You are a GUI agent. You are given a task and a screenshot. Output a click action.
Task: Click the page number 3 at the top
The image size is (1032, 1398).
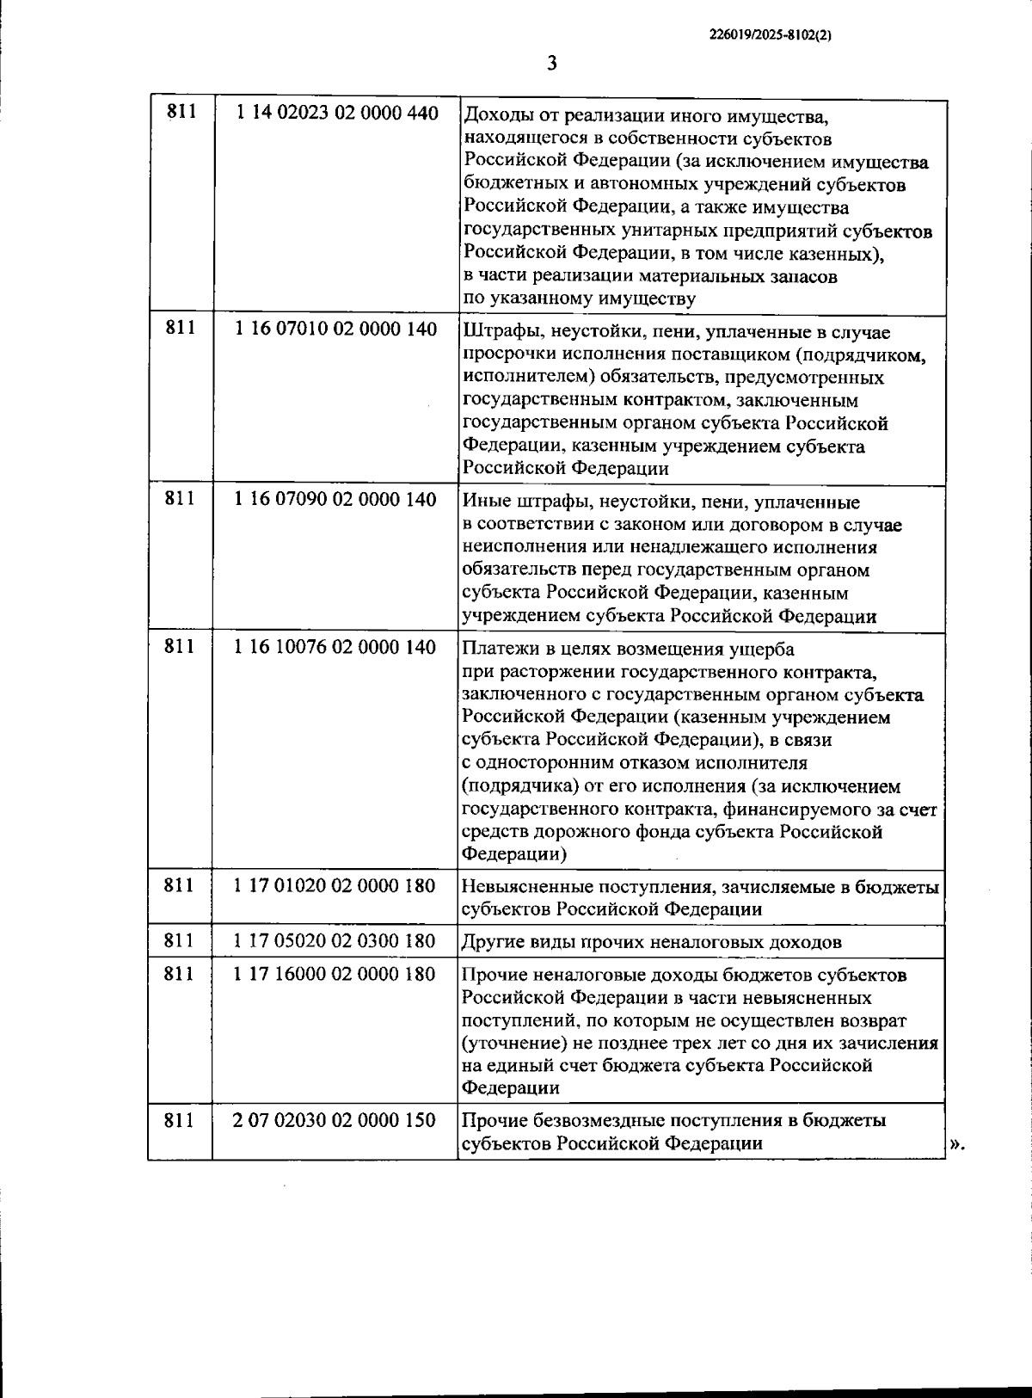[x=552, y=64]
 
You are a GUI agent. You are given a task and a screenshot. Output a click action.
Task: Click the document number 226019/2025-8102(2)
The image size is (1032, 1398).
[x=771, y=35]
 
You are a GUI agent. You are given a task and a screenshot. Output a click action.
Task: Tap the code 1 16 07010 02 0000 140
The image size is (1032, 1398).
[x=335, y=329]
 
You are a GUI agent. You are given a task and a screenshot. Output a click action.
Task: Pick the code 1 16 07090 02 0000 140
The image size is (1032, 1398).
[x=335, y=499]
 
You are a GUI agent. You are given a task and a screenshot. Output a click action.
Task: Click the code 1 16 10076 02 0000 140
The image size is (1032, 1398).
[x=335, y=647]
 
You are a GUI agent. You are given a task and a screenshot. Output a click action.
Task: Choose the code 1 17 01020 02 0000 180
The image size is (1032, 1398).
[x=335, y=885]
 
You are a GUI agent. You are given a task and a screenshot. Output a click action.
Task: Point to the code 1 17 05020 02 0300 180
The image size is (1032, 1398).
[x=335, y=940]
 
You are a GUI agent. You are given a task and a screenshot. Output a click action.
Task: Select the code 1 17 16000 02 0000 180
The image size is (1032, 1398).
[x=335, y=974]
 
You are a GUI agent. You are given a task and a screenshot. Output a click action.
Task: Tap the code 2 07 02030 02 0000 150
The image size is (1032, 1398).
[x=335, y=1120]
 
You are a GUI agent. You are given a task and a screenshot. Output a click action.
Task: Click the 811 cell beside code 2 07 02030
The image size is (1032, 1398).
[x=180, y=1120]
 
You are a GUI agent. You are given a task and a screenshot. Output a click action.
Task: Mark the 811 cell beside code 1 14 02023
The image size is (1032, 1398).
[x=181, y=112]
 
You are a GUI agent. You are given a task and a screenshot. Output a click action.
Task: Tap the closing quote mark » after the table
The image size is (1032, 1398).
[x=957, y=1144]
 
